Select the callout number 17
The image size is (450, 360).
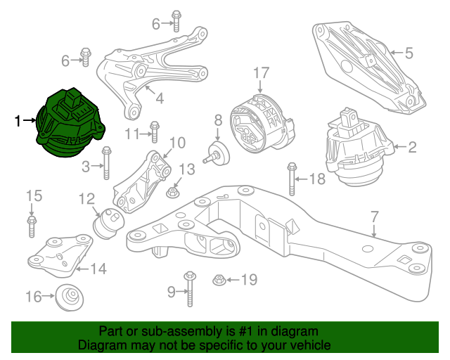point(261,72)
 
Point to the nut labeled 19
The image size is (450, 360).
point(219,281)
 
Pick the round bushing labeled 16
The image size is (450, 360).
point(70,297)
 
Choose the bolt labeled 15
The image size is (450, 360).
point(31,225)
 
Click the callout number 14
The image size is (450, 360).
point(98,268)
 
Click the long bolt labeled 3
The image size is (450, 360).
point(106,164)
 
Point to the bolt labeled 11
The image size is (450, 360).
point(155,131)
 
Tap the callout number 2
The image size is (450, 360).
point(412,147)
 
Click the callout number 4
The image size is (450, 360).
point(160,98)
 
